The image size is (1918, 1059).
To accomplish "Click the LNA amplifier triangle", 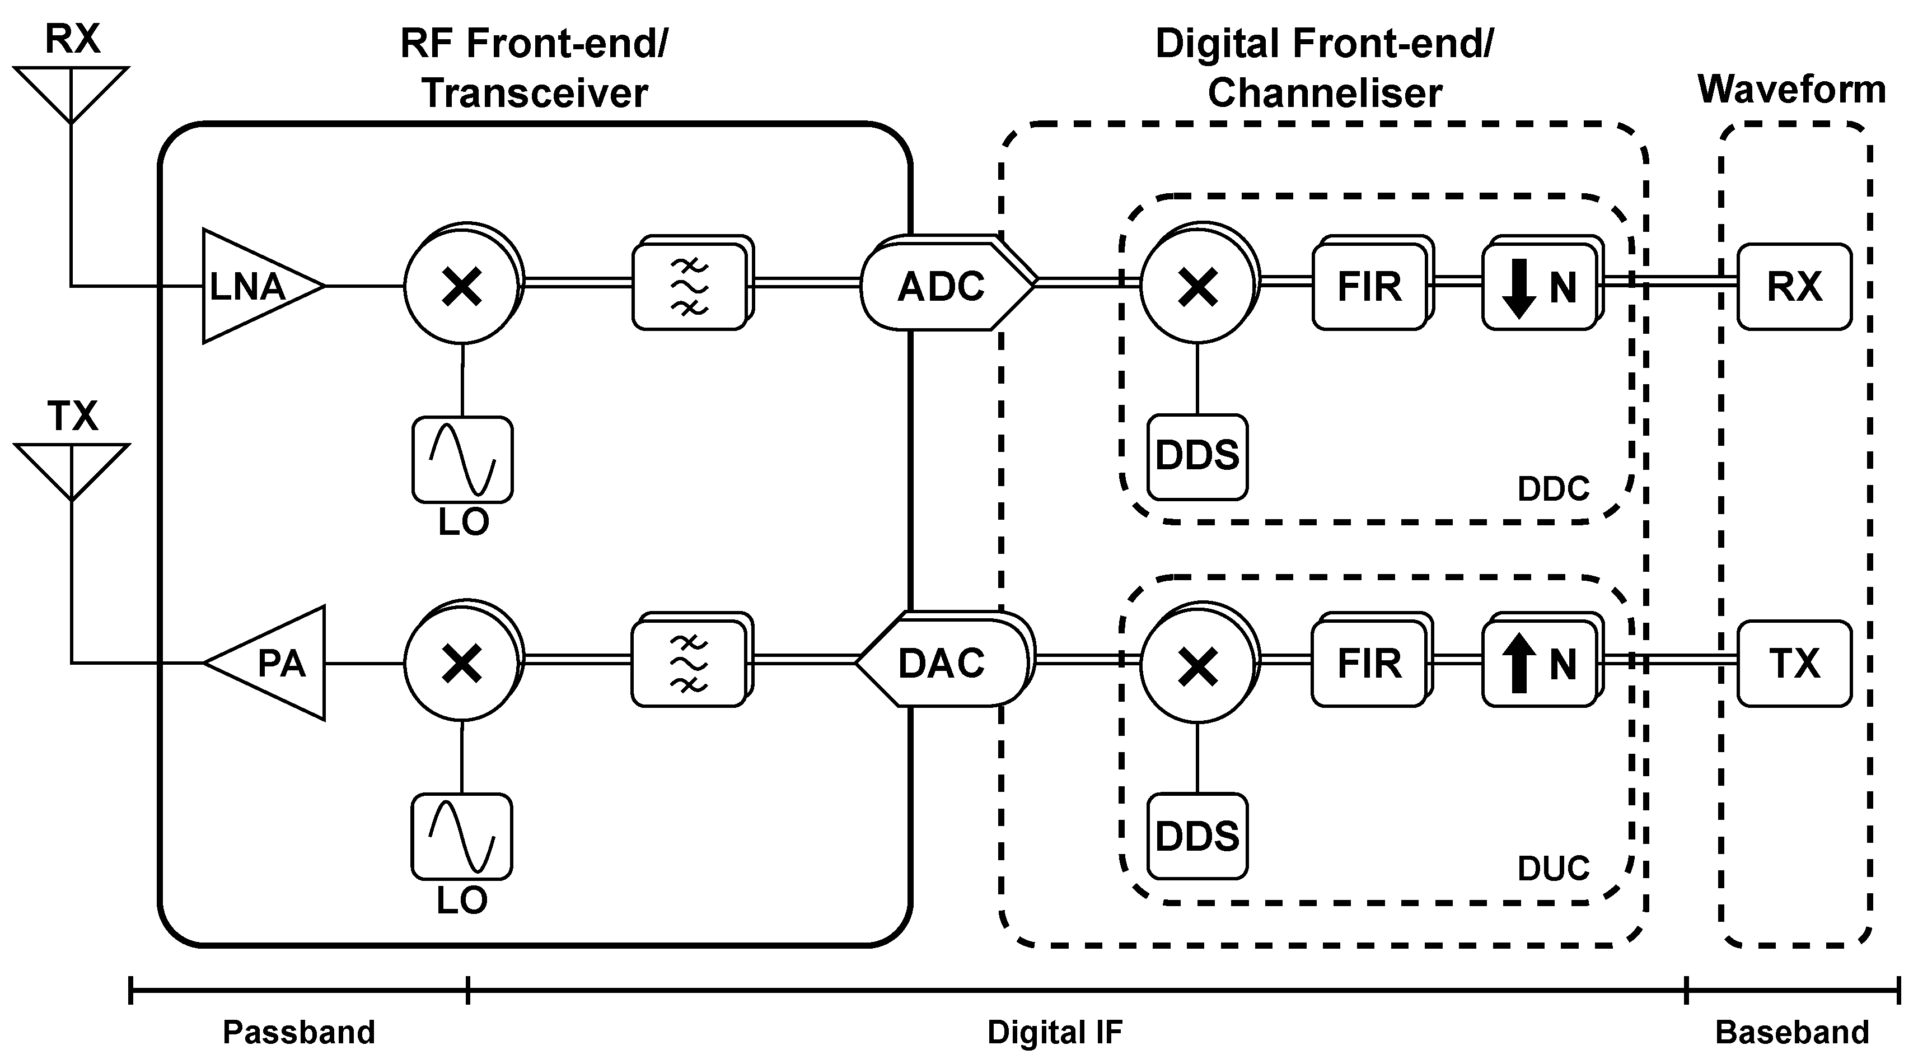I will [x=253, y=287].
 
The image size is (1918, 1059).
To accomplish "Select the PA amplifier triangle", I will [x=275, y=663].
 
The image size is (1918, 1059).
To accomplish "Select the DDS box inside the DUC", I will [x=1196, y=836].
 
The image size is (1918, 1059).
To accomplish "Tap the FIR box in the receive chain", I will [x=1368, y=287].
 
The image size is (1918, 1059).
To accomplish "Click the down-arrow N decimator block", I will [x=1538, y=287].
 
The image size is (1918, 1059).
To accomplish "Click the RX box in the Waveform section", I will [x=1794, y=287].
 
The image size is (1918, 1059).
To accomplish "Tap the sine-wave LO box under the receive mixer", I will [x=462, y=459].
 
